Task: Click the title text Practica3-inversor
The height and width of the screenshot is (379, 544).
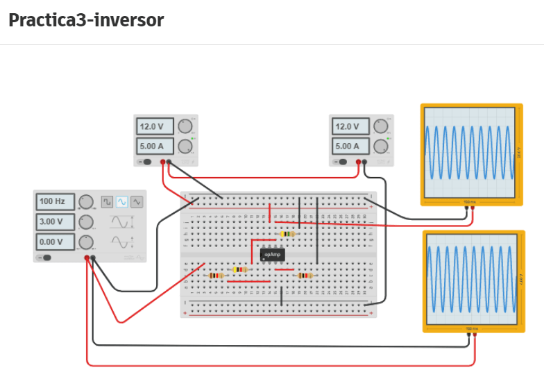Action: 86,20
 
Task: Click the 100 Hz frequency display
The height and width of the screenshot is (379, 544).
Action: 55,202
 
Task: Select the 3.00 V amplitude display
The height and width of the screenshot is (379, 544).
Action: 55,222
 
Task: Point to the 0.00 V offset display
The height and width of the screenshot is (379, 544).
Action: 55,242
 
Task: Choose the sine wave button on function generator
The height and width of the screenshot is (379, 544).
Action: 122,202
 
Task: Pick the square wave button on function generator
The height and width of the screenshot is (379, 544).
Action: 108,202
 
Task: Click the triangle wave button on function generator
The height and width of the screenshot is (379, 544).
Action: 137,202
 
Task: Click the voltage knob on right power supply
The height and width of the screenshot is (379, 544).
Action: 380,126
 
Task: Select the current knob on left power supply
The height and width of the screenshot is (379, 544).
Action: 185,146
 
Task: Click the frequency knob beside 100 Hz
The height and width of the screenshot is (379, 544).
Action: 86,202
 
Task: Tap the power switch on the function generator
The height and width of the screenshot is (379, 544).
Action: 46,258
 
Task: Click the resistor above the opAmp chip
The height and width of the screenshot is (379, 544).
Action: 287,234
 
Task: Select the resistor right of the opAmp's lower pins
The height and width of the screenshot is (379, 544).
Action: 304,276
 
